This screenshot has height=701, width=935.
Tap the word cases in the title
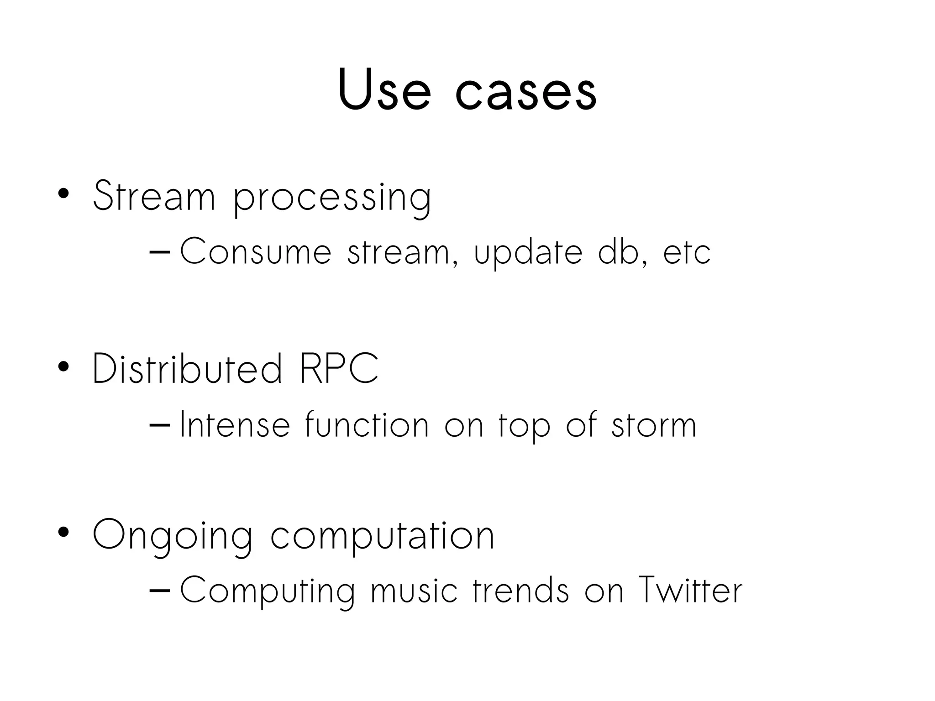tap(526, 94)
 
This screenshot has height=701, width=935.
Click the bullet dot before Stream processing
tap(63, 194)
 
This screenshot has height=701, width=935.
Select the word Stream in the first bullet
tap(154, 196)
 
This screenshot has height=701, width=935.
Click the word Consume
tap(256, 252)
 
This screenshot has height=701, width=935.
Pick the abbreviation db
tap(620, 252)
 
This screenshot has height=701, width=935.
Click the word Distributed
tap(187, 369)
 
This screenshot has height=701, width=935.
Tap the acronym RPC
tap(339, 369)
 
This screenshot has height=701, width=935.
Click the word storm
tap(654, 425)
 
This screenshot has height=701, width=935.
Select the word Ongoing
tap(173, 537)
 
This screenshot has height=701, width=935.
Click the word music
tap(414, 591)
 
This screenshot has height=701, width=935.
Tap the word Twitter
tap(690, 590)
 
